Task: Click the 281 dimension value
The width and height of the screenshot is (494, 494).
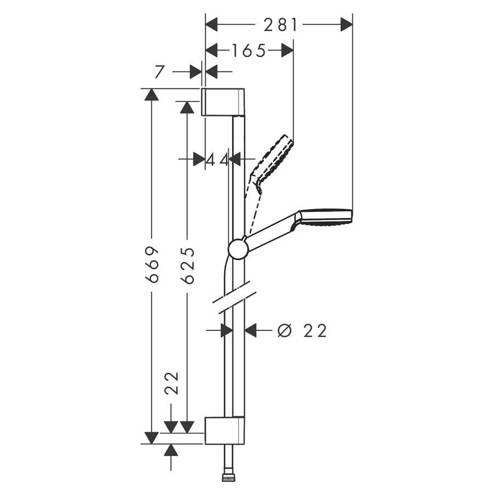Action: click(x=280, y=25)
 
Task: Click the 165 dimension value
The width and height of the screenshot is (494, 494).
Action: click(x=248, y=50)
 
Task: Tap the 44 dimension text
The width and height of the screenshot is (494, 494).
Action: click(x=217, y=160)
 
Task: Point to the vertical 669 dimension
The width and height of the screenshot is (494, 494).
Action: click(x=153, y=264)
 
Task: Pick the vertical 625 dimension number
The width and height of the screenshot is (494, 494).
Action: click(x=188, y=265)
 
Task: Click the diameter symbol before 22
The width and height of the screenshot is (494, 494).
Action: click(x=284, y=330)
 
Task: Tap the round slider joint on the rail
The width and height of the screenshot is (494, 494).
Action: click(x=238, y=249)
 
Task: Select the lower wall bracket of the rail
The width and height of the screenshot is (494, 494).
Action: click(x=224, y=430)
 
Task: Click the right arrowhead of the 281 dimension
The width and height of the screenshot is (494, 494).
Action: click(x=346, y=25)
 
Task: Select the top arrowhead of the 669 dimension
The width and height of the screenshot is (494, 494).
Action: click(x=151, y=94)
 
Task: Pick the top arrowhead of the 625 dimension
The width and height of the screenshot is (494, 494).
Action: click(x=187, y=106)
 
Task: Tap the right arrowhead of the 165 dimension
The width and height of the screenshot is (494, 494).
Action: click(x=287, y=50)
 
